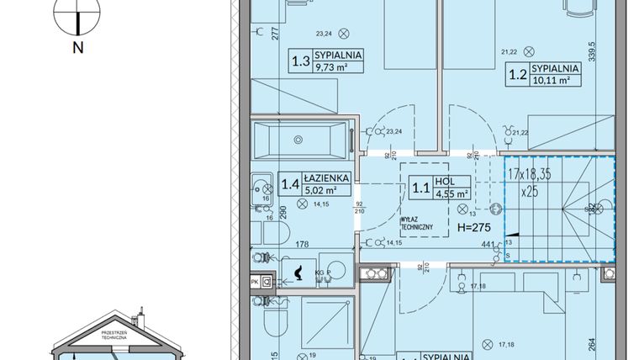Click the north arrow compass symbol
point(77,14)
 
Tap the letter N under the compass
point(77,48)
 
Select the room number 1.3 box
point(298,61)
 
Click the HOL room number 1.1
point(418,189)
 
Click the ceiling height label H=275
point(473,228)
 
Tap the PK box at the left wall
point(256,282)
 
